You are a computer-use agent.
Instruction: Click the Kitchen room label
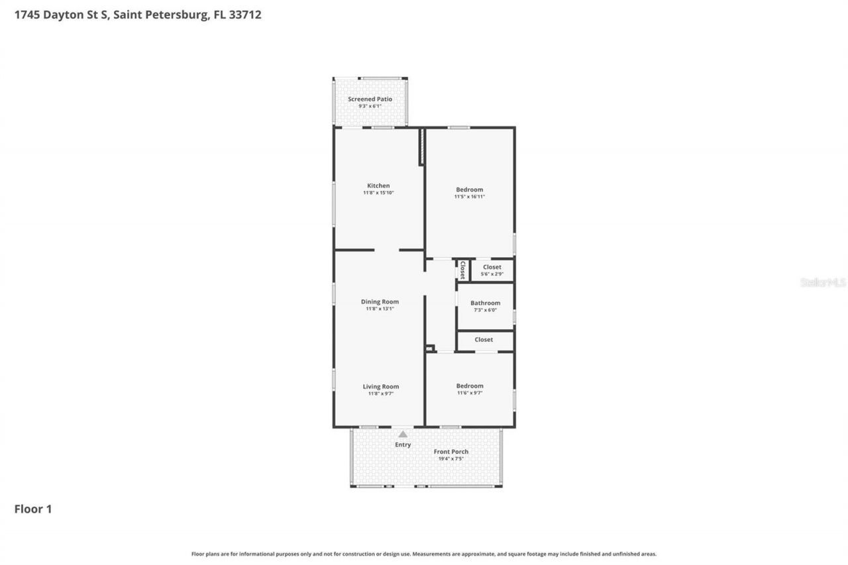[x=378, y=185]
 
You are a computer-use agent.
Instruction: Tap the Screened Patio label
[x=370, y=99]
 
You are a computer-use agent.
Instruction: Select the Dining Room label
[x=380, y=301]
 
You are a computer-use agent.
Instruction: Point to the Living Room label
[x=380, y=386]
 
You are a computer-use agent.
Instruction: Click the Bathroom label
[x=485, y=303]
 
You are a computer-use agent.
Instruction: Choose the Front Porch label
[x=450, y=452]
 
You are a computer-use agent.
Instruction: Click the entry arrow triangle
[x=403, y=435]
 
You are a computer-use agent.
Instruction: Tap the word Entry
[x=403, y=444]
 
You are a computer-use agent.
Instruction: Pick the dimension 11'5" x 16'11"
[x=469, y=197]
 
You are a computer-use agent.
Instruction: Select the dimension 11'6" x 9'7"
[x=469, y=393]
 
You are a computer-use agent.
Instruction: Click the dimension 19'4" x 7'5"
[x=450, y=458]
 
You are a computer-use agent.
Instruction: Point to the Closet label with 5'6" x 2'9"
[x=492, y=267]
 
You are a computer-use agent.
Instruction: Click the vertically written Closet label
[x=462, y=270]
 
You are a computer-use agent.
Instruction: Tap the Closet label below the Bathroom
[x=484, y=340]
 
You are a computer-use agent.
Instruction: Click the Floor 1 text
[x=33, y=509]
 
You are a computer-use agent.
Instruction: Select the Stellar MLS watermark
[x=823, y=282]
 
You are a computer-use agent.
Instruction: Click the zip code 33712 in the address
[x=244, y=15]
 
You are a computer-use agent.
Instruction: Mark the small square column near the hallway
[x=429, y=348]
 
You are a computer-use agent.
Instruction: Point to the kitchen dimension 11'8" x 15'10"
[x=378, y=193]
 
